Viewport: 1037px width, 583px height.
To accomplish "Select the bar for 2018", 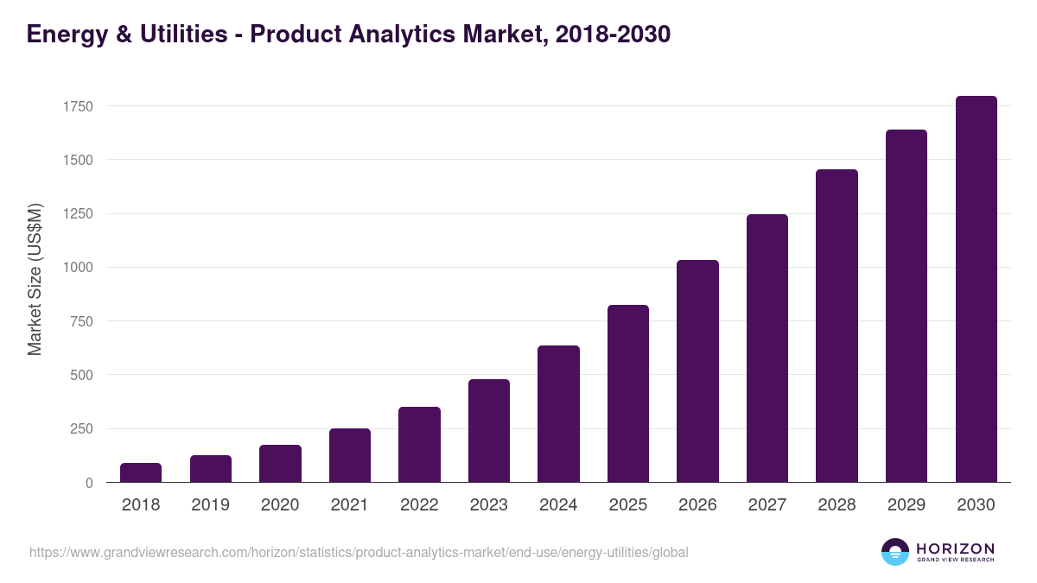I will click(141, 472).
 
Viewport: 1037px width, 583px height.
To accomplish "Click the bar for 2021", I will click(350, 455).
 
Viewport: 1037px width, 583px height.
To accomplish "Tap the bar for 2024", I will click(558, 414).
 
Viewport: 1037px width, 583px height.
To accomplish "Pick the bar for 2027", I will click(767, 348).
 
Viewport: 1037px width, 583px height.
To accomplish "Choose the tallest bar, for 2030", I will click(976, 289).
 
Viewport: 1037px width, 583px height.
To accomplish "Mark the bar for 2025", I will click(628, 394).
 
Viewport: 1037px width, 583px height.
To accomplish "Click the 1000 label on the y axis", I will click(78, 268).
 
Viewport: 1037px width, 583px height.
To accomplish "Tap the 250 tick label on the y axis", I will click(81, 429).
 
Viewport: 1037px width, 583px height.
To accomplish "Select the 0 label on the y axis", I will click(89, 483).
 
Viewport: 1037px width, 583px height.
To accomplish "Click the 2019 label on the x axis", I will click(210, 505).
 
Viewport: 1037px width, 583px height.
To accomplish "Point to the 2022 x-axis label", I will click(419, 505).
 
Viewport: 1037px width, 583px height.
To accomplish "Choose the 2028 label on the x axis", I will click(837, 505).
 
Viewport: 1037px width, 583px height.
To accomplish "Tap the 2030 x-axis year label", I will click(976, 505).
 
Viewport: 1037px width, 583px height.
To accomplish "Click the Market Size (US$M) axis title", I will click(35, 279).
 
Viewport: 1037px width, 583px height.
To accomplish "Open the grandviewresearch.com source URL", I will click(359, 552).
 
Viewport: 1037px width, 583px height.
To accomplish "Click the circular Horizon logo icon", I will click(894, 552).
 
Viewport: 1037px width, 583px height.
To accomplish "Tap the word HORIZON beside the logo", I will click(955, 548).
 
